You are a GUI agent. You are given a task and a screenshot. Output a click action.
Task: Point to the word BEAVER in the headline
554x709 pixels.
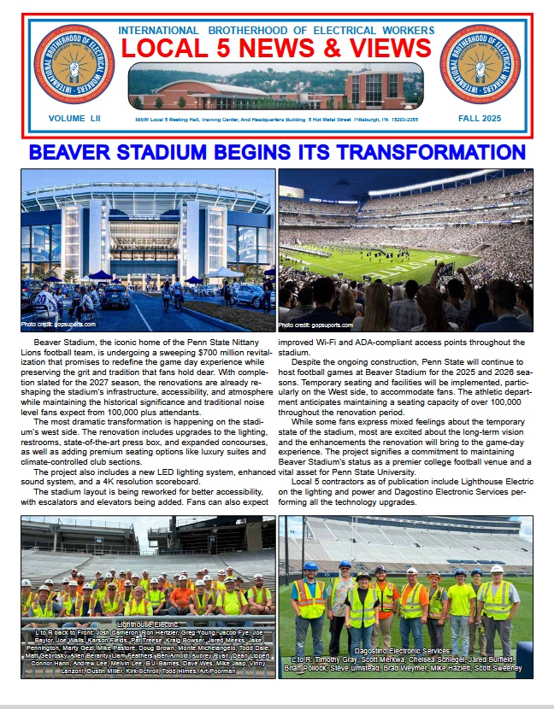(x=78, y=154)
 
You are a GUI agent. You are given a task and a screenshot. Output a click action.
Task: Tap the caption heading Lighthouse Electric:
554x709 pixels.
(x=148, y=624)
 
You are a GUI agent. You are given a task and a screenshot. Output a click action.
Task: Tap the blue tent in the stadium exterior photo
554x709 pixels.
(x=101, y=275)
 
